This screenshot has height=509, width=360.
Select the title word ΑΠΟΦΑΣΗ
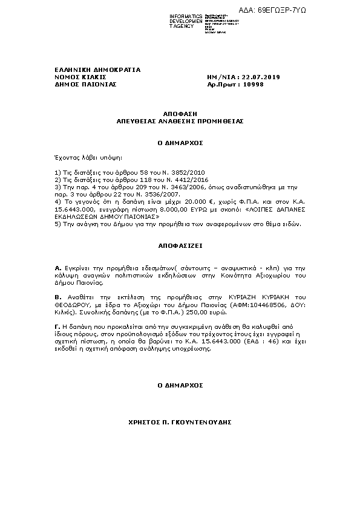(180, 114)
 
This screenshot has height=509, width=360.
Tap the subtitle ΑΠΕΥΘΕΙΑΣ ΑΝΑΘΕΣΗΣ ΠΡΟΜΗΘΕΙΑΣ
(180, 121)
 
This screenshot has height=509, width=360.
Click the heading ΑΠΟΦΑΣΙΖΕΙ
(180, 247)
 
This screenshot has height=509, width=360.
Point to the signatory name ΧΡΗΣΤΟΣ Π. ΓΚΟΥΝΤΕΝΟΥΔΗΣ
(180, 421)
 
